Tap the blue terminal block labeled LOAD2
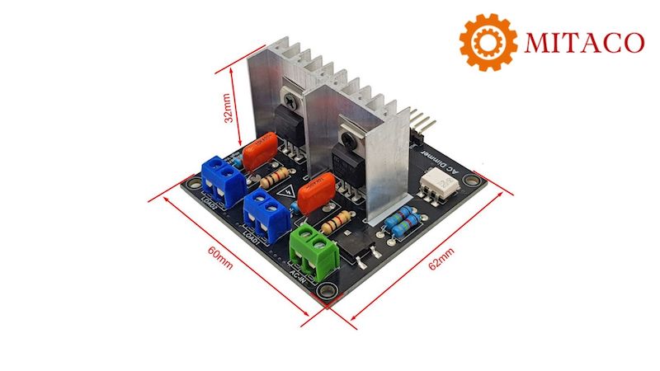point(220,176)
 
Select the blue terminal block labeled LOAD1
point(266,212)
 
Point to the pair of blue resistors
point(402,218)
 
